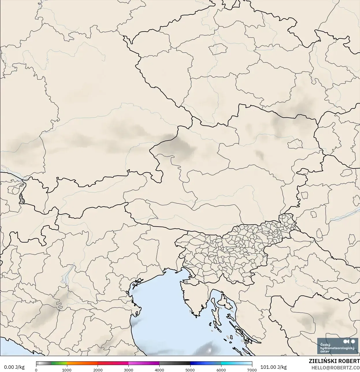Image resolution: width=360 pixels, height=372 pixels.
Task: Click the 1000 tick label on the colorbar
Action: (x=67, y=370)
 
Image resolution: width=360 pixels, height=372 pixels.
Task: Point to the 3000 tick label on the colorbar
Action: (x=128, y=370)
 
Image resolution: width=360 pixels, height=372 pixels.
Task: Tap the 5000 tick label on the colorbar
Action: (x=190, y=370)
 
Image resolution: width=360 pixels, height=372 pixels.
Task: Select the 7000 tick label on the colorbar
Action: (x=252, y=370)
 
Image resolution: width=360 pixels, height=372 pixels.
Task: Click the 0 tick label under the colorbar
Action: (x=36, y=370)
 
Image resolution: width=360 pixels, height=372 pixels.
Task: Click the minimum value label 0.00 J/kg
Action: (x=14, y=367)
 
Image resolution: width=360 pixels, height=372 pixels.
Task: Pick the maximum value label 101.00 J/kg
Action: (x=273, y=367)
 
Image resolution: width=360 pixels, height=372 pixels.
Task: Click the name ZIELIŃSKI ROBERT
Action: (x=334, y=361)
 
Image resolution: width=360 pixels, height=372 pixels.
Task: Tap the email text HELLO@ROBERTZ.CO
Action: (x=335, y=367)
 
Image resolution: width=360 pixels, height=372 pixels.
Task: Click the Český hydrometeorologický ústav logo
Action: (x=337, y=346)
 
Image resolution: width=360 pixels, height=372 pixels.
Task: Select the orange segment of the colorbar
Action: (x=82, y=363)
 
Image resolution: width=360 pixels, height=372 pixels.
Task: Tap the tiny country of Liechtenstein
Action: (x=21, y=199)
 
